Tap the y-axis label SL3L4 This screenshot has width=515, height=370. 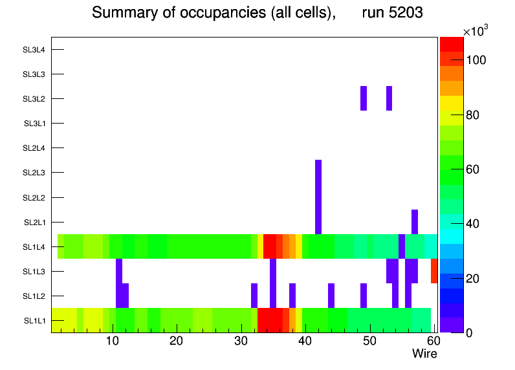pyautogui.click(x=34, y=50)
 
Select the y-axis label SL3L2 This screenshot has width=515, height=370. pyautogui.click(x=34, y=99)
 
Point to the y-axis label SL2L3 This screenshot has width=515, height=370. pyautogui.click(x=34, y=173)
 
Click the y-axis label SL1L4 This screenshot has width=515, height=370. pyautogui.click(x=34, y=247)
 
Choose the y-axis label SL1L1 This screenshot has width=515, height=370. pyautogui.click(x=34, y=321)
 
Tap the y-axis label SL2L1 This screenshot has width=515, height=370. pyautogui.click(x=34, y=223)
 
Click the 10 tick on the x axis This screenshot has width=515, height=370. pyautogui.click(x=113, y=341)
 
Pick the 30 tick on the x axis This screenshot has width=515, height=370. pyautogui.click(x=241, y=341)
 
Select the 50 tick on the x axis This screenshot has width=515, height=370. pyautogui.click(x=369, y=341)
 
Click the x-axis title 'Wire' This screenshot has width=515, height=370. pyautogui.click(x=424, y=354)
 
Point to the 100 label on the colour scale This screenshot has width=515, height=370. pyautogui.click(x=476, y=60)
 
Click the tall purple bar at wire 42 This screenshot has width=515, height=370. pyautogui.click(x=318, y=197)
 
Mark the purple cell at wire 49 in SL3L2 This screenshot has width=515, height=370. pyautogui.click(x=364, y=98)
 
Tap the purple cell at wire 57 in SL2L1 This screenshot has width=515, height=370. pyautogui.click(x=414, y=222)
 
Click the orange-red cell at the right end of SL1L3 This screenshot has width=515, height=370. pyautogui.click(x=434, y=270)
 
